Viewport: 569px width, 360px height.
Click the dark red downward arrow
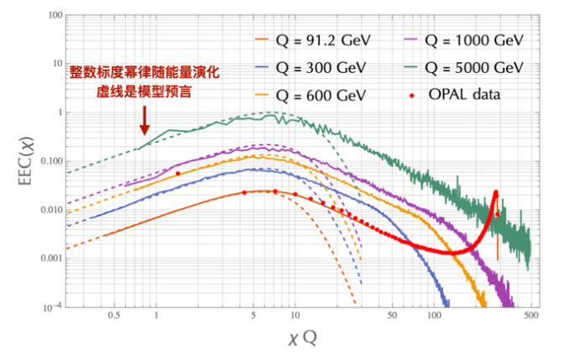[x=144, y=118]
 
